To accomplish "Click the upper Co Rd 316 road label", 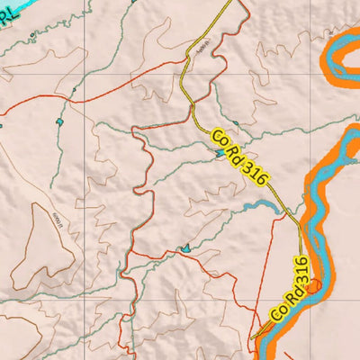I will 240,157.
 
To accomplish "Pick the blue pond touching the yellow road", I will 220,153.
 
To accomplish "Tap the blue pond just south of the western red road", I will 60,121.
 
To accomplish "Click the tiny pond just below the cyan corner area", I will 34,36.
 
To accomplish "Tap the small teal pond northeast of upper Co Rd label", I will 236,124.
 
